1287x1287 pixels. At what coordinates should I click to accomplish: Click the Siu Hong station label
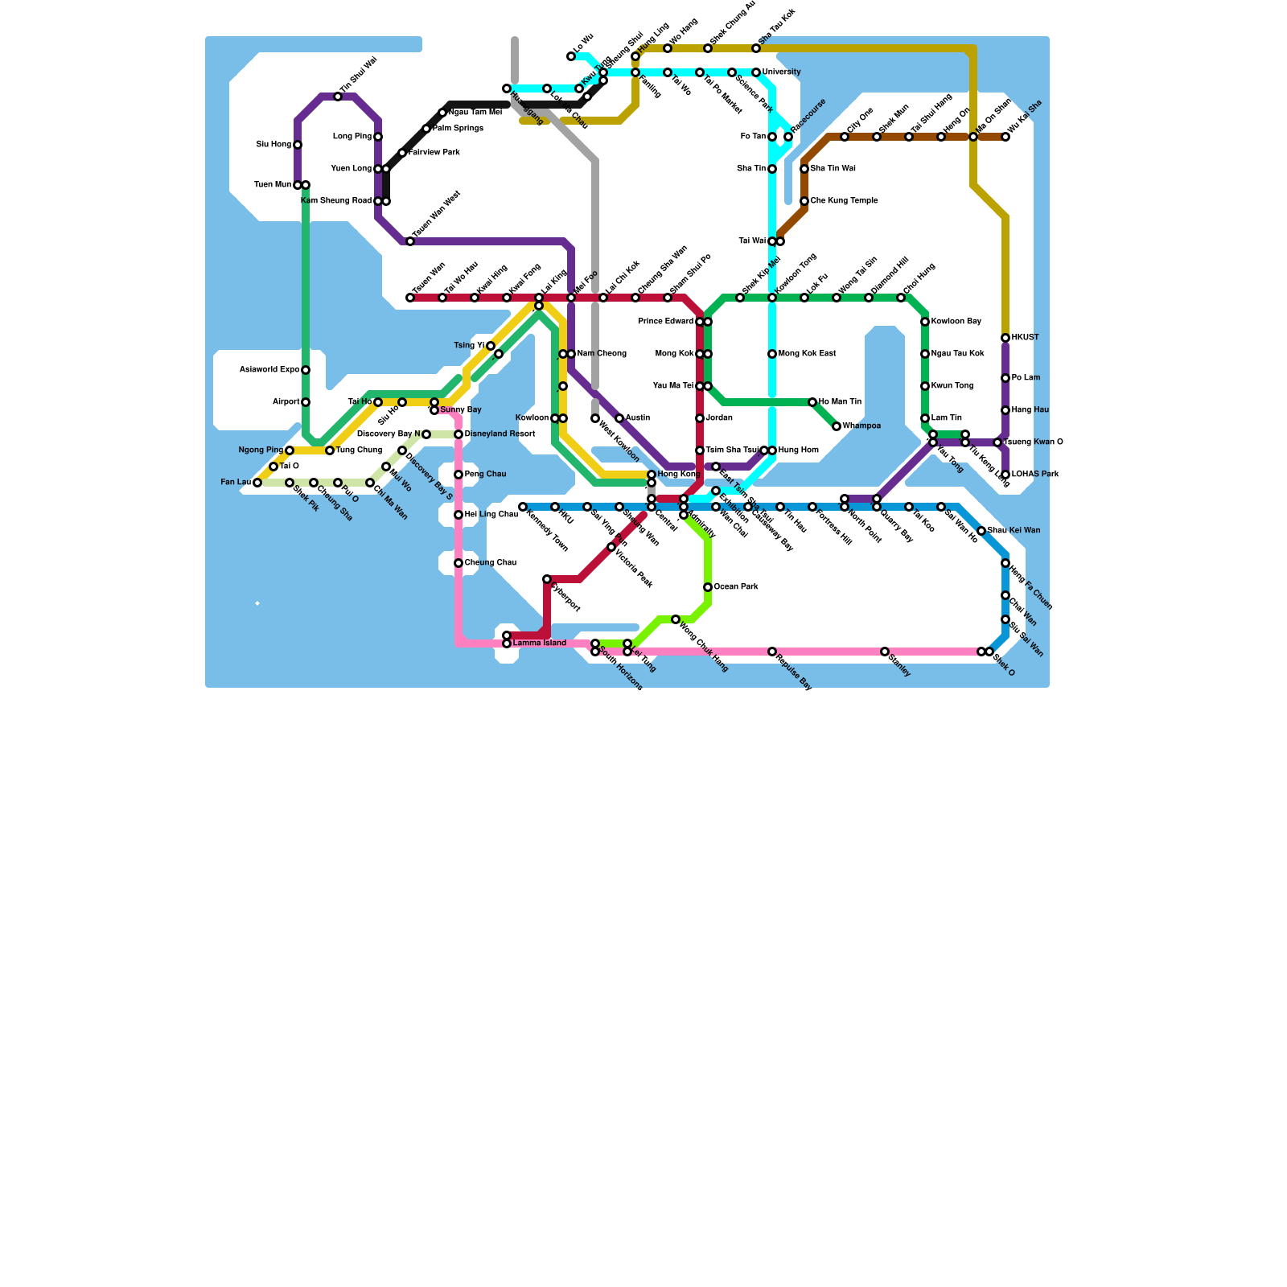[273, 145]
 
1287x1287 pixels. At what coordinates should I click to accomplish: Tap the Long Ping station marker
[378, 137]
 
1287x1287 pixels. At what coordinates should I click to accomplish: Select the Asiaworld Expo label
[269, 370]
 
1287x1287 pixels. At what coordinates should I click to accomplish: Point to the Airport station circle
[306, 402]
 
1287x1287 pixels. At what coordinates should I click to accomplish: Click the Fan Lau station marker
[257, 483]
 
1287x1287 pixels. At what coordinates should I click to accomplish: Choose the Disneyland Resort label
[500, 434]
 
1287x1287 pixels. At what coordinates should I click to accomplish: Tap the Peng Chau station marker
[458, 475]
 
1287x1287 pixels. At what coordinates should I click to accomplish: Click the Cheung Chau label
[490, 563]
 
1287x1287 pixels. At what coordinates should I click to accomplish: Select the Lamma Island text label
[540, 643]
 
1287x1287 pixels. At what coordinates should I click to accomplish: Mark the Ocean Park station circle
[708, 587]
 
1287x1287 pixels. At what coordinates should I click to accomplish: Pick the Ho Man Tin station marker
[812, 402]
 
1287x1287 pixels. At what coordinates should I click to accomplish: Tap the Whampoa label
[861, 426]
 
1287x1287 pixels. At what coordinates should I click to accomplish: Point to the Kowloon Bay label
[956, 322]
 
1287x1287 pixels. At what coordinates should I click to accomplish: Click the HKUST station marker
[1005, 338]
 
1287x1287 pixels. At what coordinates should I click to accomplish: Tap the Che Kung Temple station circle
[804, 201]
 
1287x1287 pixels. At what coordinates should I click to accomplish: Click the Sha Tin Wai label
[833, 169]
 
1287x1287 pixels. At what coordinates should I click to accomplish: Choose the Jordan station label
[719, 418]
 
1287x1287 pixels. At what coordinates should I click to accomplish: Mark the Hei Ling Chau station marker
[458, 515]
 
